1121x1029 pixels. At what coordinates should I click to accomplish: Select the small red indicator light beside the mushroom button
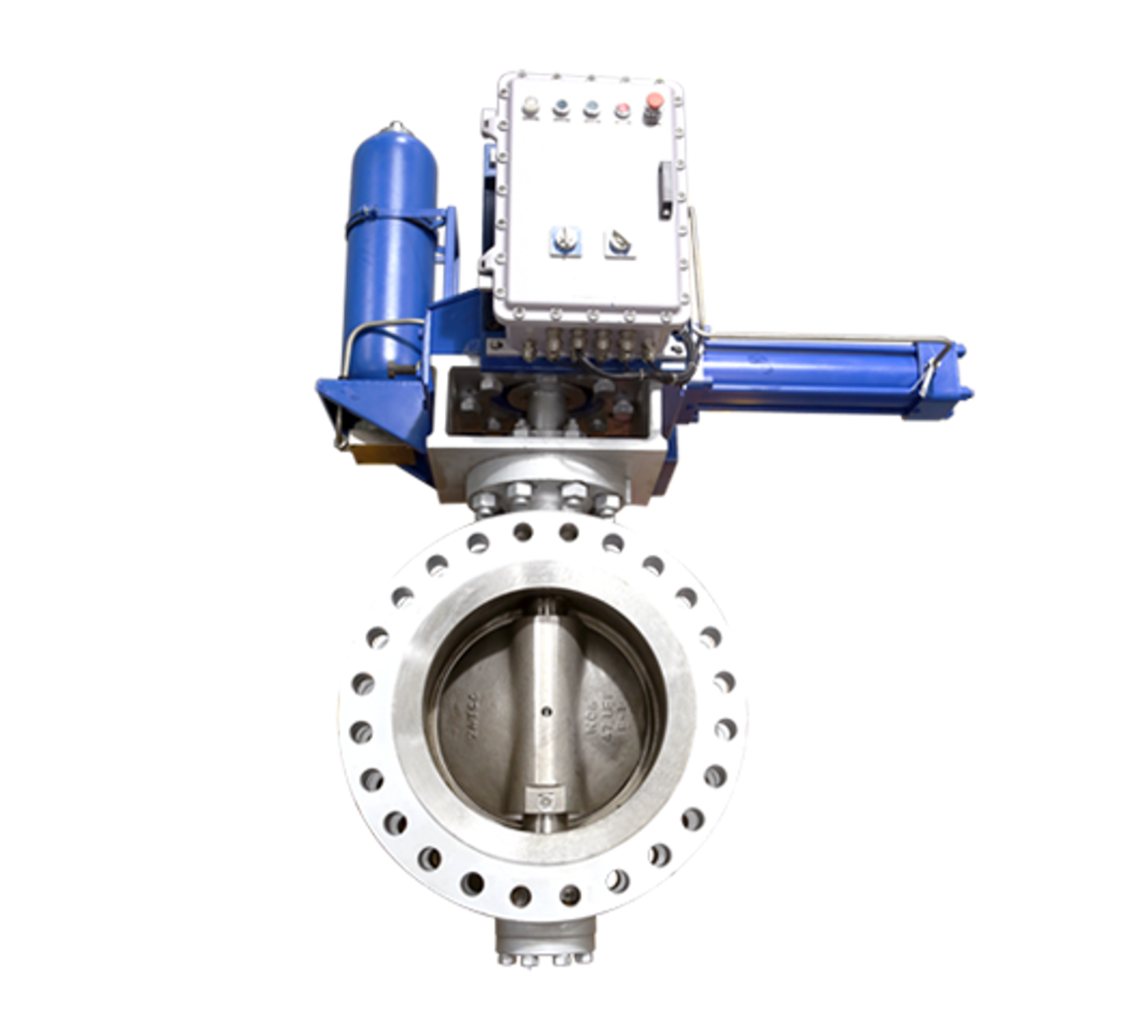click(x=622, y=110)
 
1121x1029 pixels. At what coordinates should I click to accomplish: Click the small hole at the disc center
click(x=545, y=711)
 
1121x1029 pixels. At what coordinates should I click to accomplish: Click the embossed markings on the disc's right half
click(x=605, y=718)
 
